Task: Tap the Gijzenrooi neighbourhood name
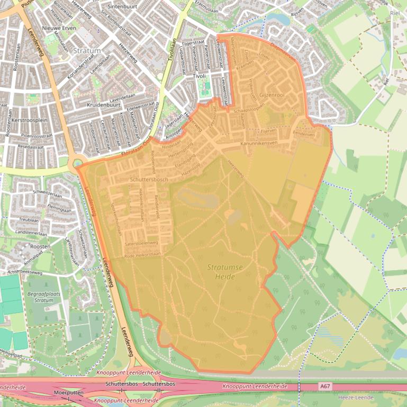(x=272, y=95)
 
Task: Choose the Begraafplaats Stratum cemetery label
(x=40, y=296)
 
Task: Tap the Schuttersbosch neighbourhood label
(x=149, y=180)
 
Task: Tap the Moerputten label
(x=68, y=393)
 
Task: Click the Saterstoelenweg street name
(x=141, y=243)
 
